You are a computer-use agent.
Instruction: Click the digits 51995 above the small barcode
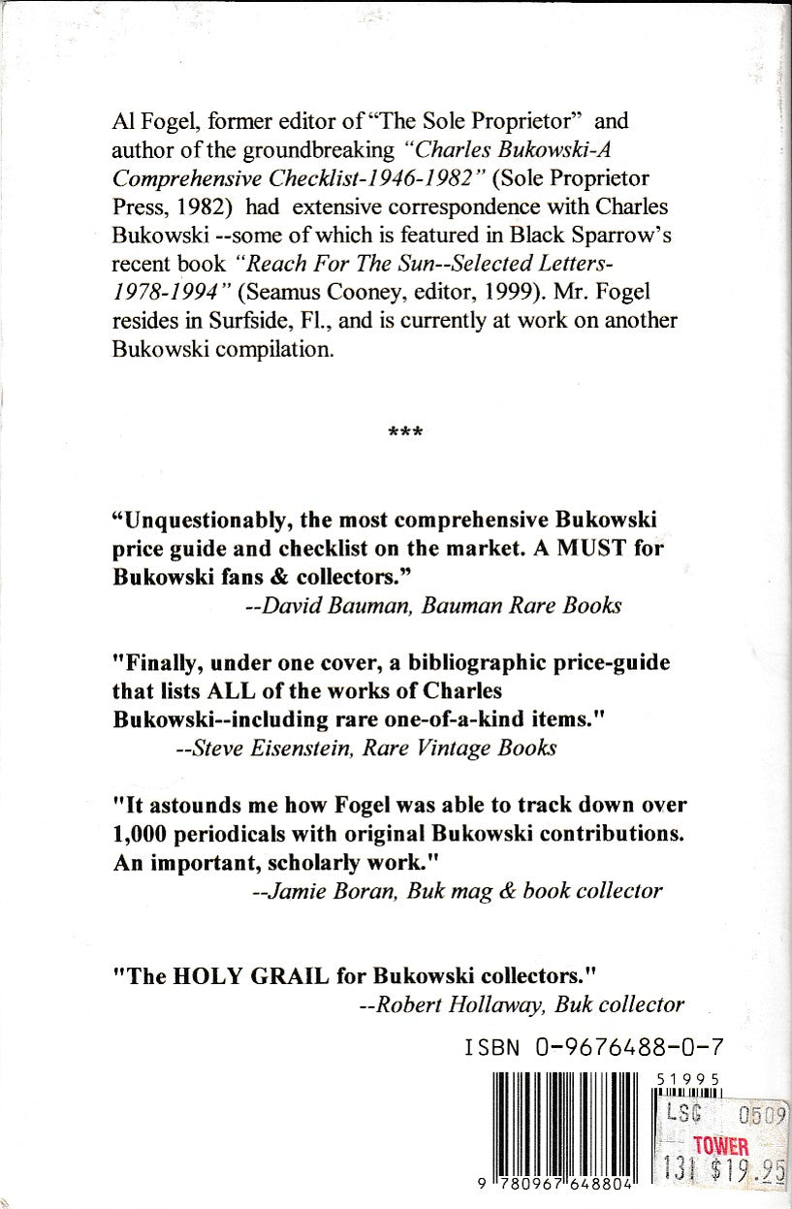tap(687, 1079)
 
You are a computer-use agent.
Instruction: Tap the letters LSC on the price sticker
tap(685, 1114)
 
